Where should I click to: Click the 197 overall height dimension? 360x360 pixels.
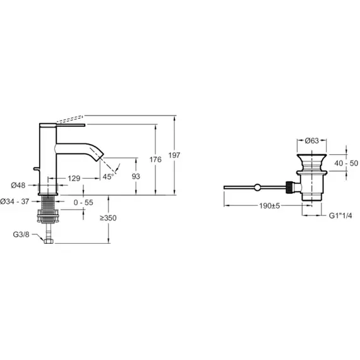(x=174, y=155)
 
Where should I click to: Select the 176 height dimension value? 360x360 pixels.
(x=155, y=159)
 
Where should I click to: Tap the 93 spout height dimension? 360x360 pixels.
(x=136, y=176)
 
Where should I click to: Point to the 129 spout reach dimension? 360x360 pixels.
(x=74, y=178)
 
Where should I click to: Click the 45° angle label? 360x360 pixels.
(x=108, y=177)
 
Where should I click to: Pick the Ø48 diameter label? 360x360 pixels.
(x=18, y=185)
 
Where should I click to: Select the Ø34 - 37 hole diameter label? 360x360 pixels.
(x=15, y=201)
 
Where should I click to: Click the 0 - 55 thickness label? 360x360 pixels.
(x=83, y=203)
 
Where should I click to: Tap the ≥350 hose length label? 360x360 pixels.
(x=108, y=218)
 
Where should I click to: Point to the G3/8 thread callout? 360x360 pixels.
(x=21, y=234)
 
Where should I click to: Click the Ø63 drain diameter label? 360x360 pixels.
(x=312, y=140)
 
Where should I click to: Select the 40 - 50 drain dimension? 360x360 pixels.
(x=346, y=163)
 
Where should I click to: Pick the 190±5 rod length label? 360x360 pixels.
(x=270, y=206)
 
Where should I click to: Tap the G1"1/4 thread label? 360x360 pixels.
(x=340, y=215)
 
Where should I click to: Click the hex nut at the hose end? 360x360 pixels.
(x=49, y=241)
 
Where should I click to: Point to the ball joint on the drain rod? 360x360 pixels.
(x=258, y=188)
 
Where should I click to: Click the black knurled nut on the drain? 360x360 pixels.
(x=290, y=187)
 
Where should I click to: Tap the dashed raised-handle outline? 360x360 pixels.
(x=69, y=119)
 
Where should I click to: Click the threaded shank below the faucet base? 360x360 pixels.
(x=48, y=203)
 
